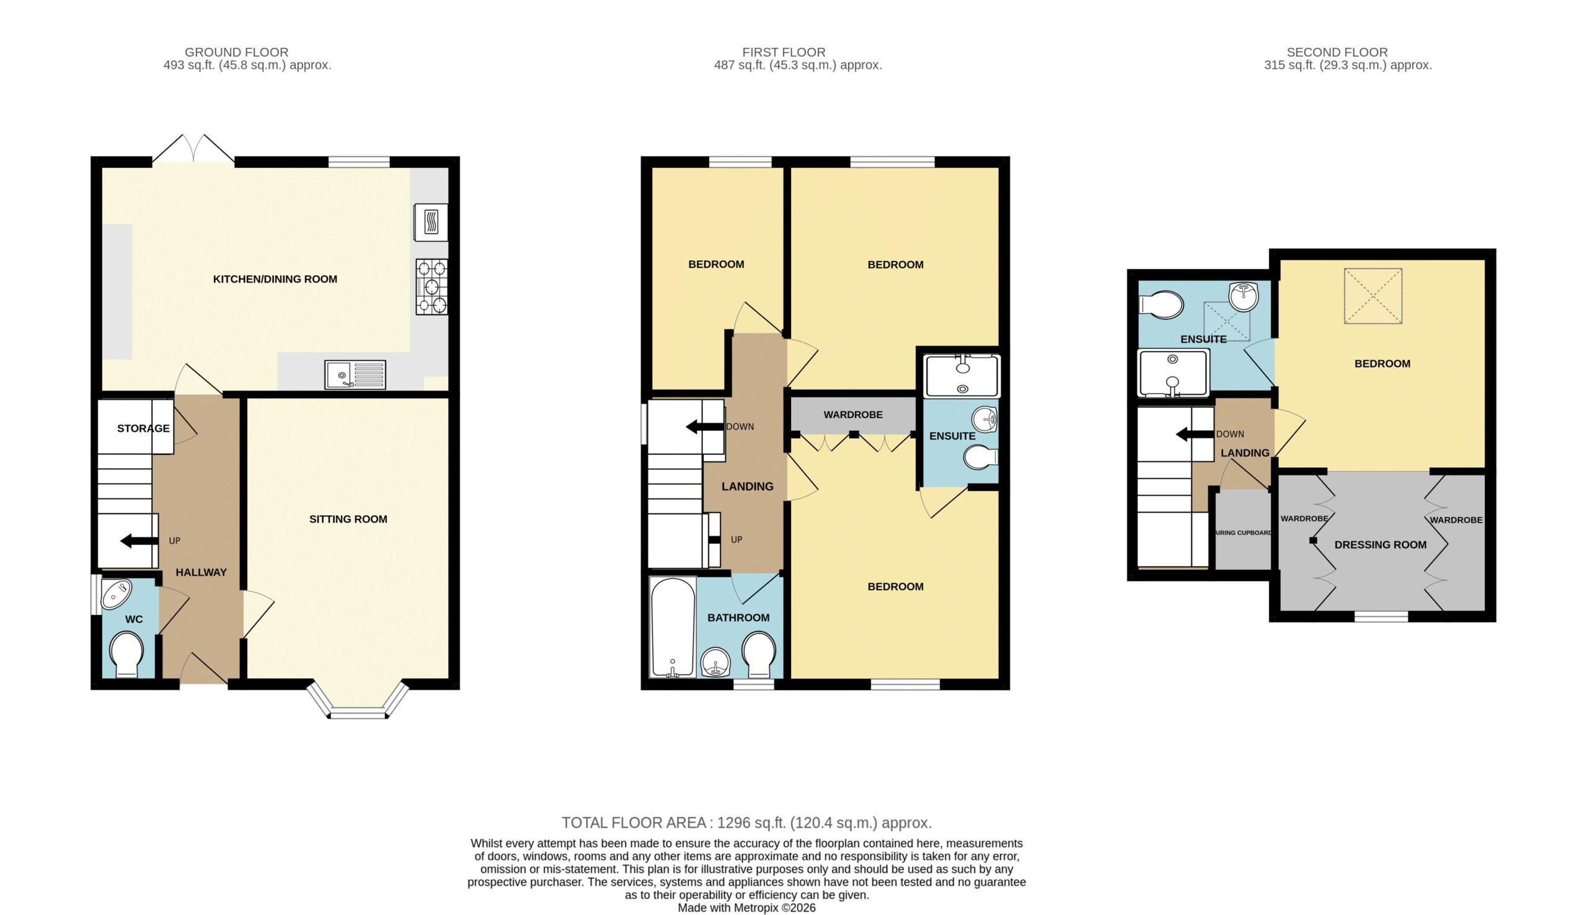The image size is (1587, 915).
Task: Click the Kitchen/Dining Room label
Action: pyautogui.click(x=275, y=279)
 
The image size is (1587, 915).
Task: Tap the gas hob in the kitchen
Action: pyautogui.click(x=431, y=287)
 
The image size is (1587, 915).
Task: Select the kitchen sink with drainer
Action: pyautogui.click(x=356, y=374)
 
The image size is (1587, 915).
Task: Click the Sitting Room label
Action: pyautogui.click(x=348, y=519)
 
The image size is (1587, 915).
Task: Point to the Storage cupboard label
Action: pyautogui.click(x=143, y=428)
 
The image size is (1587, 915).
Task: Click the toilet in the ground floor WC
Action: pyautogui.click(x=126, y=654)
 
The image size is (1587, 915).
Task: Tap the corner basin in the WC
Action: pyautogui.click(x=115, y=593)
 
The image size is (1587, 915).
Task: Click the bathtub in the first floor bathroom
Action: pyautogui.click(x=673, y=627)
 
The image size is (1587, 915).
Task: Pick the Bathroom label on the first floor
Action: pyautogui.click(x=738, y=618)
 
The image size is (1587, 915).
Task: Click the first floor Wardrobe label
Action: pyautogui.click(x=853, y=415)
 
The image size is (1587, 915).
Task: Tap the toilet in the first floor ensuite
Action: pyautogui.click(x=980, y=457)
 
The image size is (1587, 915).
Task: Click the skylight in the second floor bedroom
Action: pyautogui.click(x=1373, y=296)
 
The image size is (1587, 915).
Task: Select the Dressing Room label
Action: pyautogui.click(x=1381, y=545)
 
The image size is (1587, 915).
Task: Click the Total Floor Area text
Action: pyautogui.click(x=746, y=823)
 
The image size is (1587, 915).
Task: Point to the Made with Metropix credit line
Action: pyautogui.click(x=746, y=908)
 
